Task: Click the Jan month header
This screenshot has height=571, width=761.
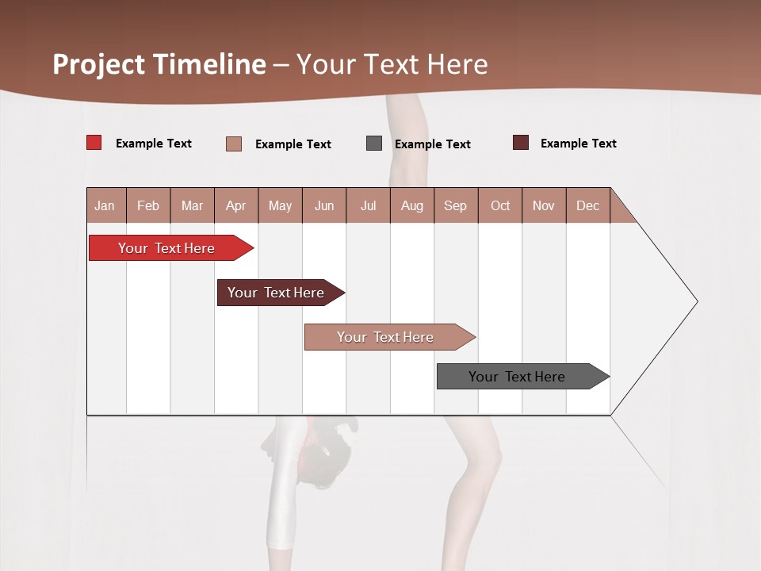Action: pos(105,205)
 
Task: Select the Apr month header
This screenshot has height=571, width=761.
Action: pos(236,205)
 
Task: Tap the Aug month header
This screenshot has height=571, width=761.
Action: pos(412,205)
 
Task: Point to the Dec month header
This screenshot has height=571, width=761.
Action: pos(588,205)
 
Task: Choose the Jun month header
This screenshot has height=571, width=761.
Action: pos(324,205)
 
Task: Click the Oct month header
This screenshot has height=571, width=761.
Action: pos(500,205)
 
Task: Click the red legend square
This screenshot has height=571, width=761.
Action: pos(94,143)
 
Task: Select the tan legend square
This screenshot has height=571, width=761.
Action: pos(234,144)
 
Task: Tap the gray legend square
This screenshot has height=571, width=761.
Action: pos(374,144)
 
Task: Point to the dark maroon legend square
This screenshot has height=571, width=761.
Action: pos(520,143)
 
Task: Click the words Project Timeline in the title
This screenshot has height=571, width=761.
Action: pos(159,64)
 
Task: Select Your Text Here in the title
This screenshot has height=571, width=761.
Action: pos(392,64)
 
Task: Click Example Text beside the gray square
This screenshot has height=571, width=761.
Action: pos(433,144)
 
